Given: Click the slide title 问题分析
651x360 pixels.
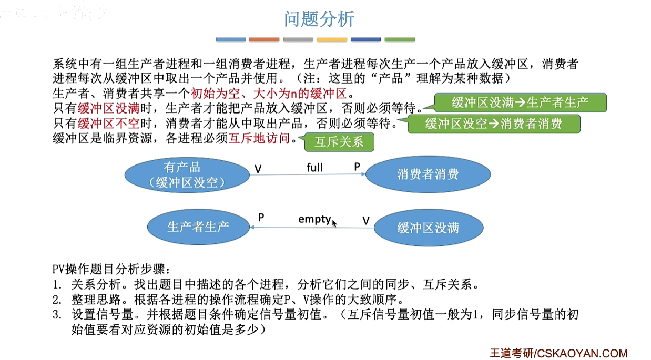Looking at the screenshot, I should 319,19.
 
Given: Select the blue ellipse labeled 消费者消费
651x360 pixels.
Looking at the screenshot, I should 428,174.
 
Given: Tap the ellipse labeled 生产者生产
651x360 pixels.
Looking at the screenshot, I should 198,227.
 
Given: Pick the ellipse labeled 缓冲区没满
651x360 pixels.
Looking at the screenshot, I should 428,228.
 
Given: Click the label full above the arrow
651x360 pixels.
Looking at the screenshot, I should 314,168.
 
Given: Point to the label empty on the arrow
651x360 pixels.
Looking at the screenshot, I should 314,219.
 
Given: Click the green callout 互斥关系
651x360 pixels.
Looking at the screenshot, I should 338,142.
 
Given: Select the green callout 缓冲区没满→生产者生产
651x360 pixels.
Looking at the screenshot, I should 520,103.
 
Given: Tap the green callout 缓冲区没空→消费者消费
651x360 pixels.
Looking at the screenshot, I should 494,124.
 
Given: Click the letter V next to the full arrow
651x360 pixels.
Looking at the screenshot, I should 258,169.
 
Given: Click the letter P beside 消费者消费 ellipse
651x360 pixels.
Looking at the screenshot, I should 357,167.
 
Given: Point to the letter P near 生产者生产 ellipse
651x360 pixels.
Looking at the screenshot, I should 261,217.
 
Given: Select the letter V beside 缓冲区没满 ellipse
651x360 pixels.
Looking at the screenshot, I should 366,221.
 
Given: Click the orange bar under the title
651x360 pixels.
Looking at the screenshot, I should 264,39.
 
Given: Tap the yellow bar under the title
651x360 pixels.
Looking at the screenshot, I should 332,39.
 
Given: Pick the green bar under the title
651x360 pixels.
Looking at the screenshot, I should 400,39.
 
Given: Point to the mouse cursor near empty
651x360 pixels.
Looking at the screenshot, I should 334,223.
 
